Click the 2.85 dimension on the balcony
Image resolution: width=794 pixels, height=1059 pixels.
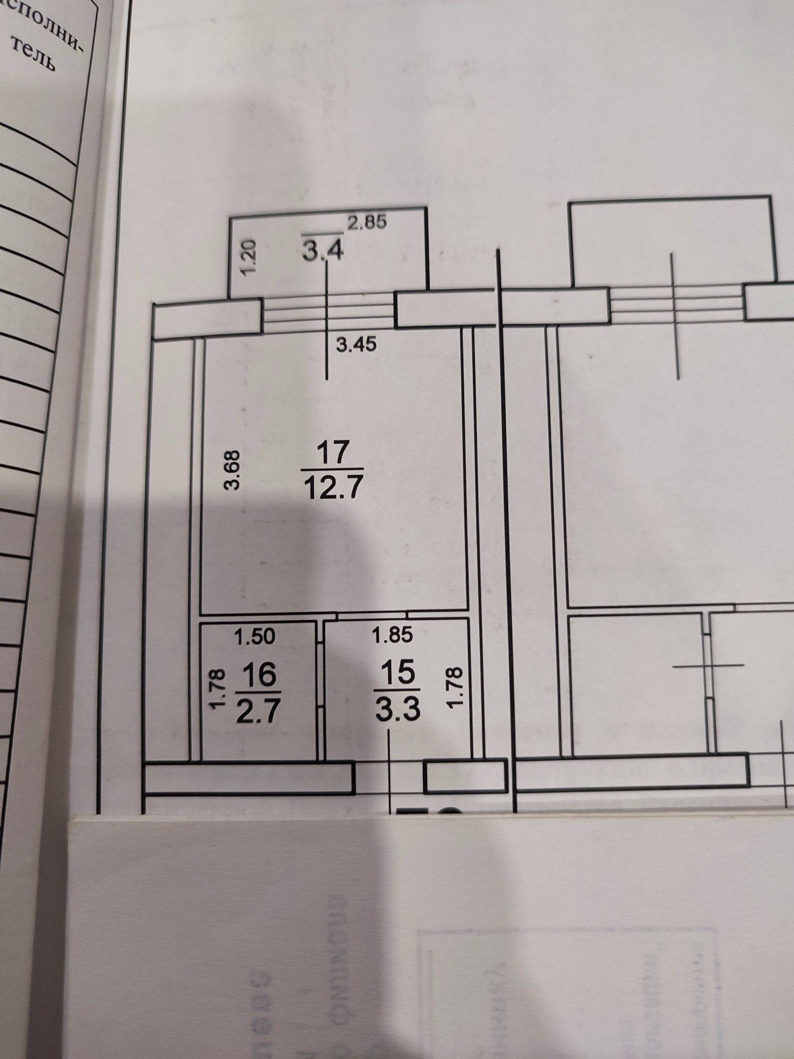367,222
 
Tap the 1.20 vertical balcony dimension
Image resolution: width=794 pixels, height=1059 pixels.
250,256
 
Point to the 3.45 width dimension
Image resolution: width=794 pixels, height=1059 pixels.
357,345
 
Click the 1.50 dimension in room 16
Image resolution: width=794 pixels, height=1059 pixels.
255,636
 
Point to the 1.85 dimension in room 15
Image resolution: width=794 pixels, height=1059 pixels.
392,635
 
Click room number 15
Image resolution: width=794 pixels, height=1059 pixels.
399,673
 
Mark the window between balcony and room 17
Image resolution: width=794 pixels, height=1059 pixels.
329,312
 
